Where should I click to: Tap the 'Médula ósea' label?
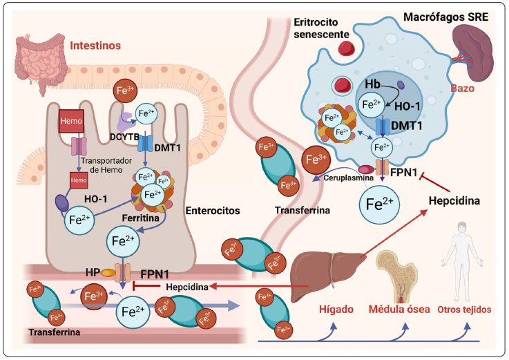398,310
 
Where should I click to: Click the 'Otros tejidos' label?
464,310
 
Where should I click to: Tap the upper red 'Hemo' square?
73,121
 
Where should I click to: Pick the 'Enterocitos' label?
213,207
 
